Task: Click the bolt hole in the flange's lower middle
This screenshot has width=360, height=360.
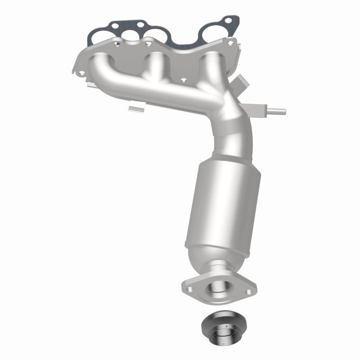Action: [x=183, y=81]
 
